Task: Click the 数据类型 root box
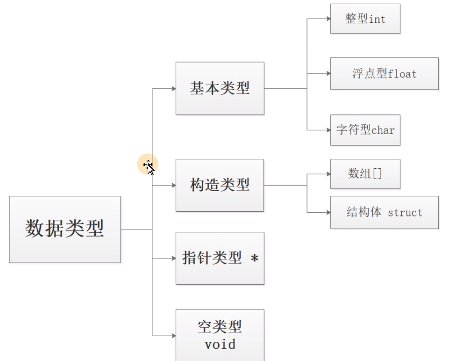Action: [65, 229]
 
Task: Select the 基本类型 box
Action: [220, 88]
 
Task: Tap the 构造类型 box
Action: [220, 185]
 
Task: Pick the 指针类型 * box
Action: [220, 258]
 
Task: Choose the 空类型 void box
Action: [220, 335]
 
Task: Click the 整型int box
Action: [365, 19]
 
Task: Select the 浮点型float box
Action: [384, 74]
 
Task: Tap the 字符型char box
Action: [365, 130]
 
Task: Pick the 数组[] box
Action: [365, 174]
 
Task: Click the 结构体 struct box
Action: [384, 212]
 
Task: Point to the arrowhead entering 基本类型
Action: [173, 88]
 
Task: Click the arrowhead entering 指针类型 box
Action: [173, 258]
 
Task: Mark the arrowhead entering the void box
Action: [173, 335]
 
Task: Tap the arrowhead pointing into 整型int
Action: [328, 19]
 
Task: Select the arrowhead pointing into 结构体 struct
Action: [328, 212]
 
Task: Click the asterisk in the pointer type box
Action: [255, 259]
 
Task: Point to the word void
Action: [220, 345]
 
